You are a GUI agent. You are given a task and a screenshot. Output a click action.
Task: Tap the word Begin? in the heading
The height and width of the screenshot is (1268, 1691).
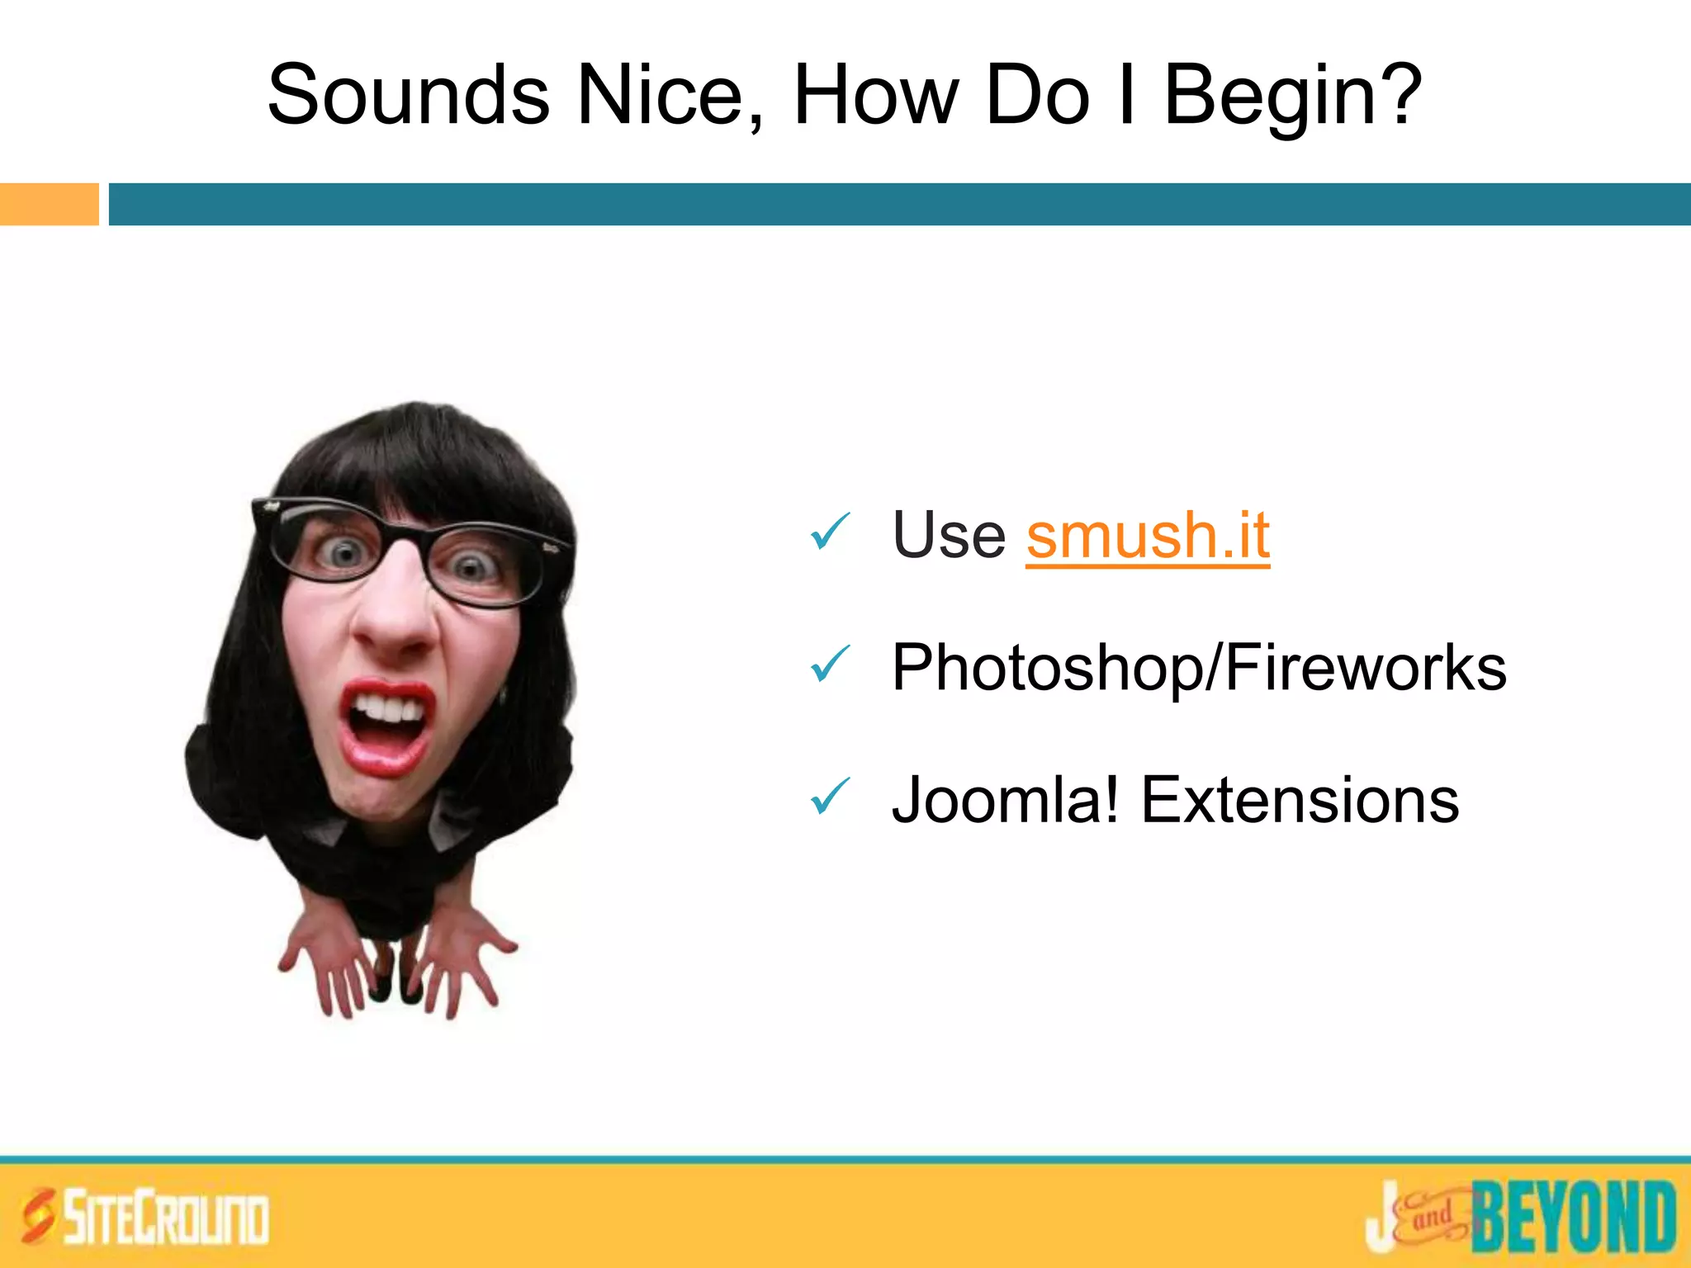click(x=1292, y=97)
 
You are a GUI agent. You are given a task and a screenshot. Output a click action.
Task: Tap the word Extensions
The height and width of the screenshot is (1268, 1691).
click(x=1300, y=800)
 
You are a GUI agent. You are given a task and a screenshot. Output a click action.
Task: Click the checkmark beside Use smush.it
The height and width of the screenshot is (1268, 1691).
click(x=830, y=532)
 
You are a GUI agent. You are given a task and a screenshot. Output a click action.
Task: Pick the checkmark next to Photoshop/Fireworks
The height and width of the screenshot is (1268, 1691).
click(x=830, y=664)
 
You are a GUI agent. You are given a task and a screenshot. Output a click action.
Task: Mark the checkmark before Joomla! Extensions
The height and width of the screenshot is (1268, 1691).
click(x=830, y=796)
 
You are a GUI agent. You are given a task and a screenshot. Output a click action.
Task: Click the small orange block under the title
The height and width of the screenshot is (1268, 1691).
click(x=49, y=204)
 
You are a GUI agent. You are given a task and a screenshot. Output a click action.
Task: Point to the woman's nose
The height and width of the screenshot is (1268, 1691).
click(x=395, y=615)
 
